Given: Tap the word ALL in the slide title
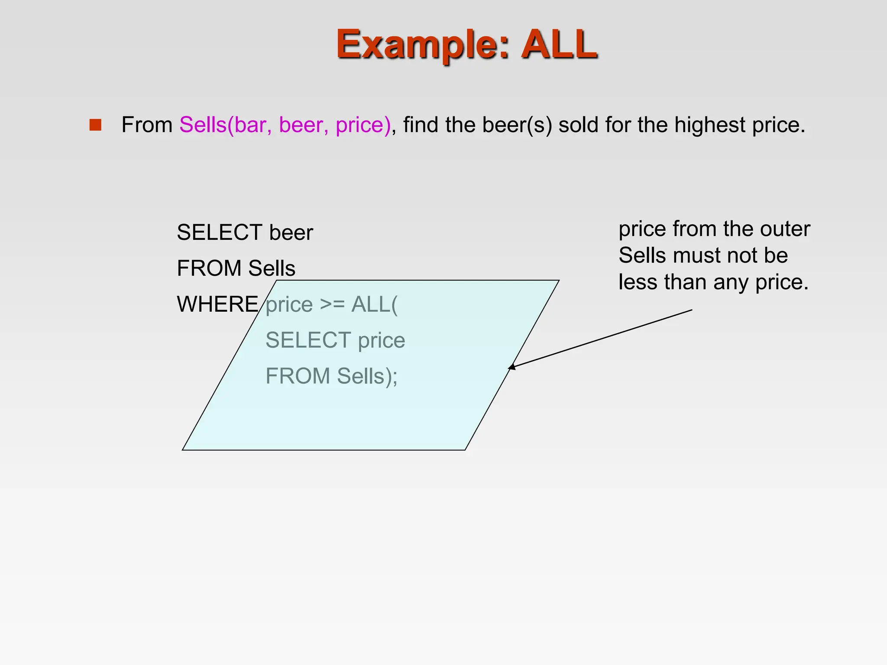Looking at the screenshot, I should (559, 44).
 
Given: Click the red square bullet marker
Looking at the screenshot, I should (95, 125).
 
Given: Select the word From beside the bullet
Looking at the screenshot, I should (147, 125).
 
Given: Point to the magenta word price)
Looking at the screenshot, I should (363, 125).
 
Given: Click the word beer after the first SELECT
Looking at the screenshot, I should (291, 232).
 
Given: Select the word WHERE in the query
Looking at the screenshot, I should (217, 304).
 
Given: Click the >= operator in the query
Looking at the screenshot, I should (332, 304).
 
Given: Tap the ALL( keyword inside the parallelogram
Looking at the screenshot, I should (374, 304).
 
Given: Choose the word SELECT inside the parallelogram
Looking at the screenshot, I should (308, 340).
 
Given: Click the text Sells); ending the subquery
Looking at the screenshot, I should (367, 376).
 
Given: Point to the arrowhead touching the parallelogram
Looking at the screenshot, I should (511, 368).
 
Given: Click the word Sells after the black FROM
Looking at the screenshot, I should (272, 268).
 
